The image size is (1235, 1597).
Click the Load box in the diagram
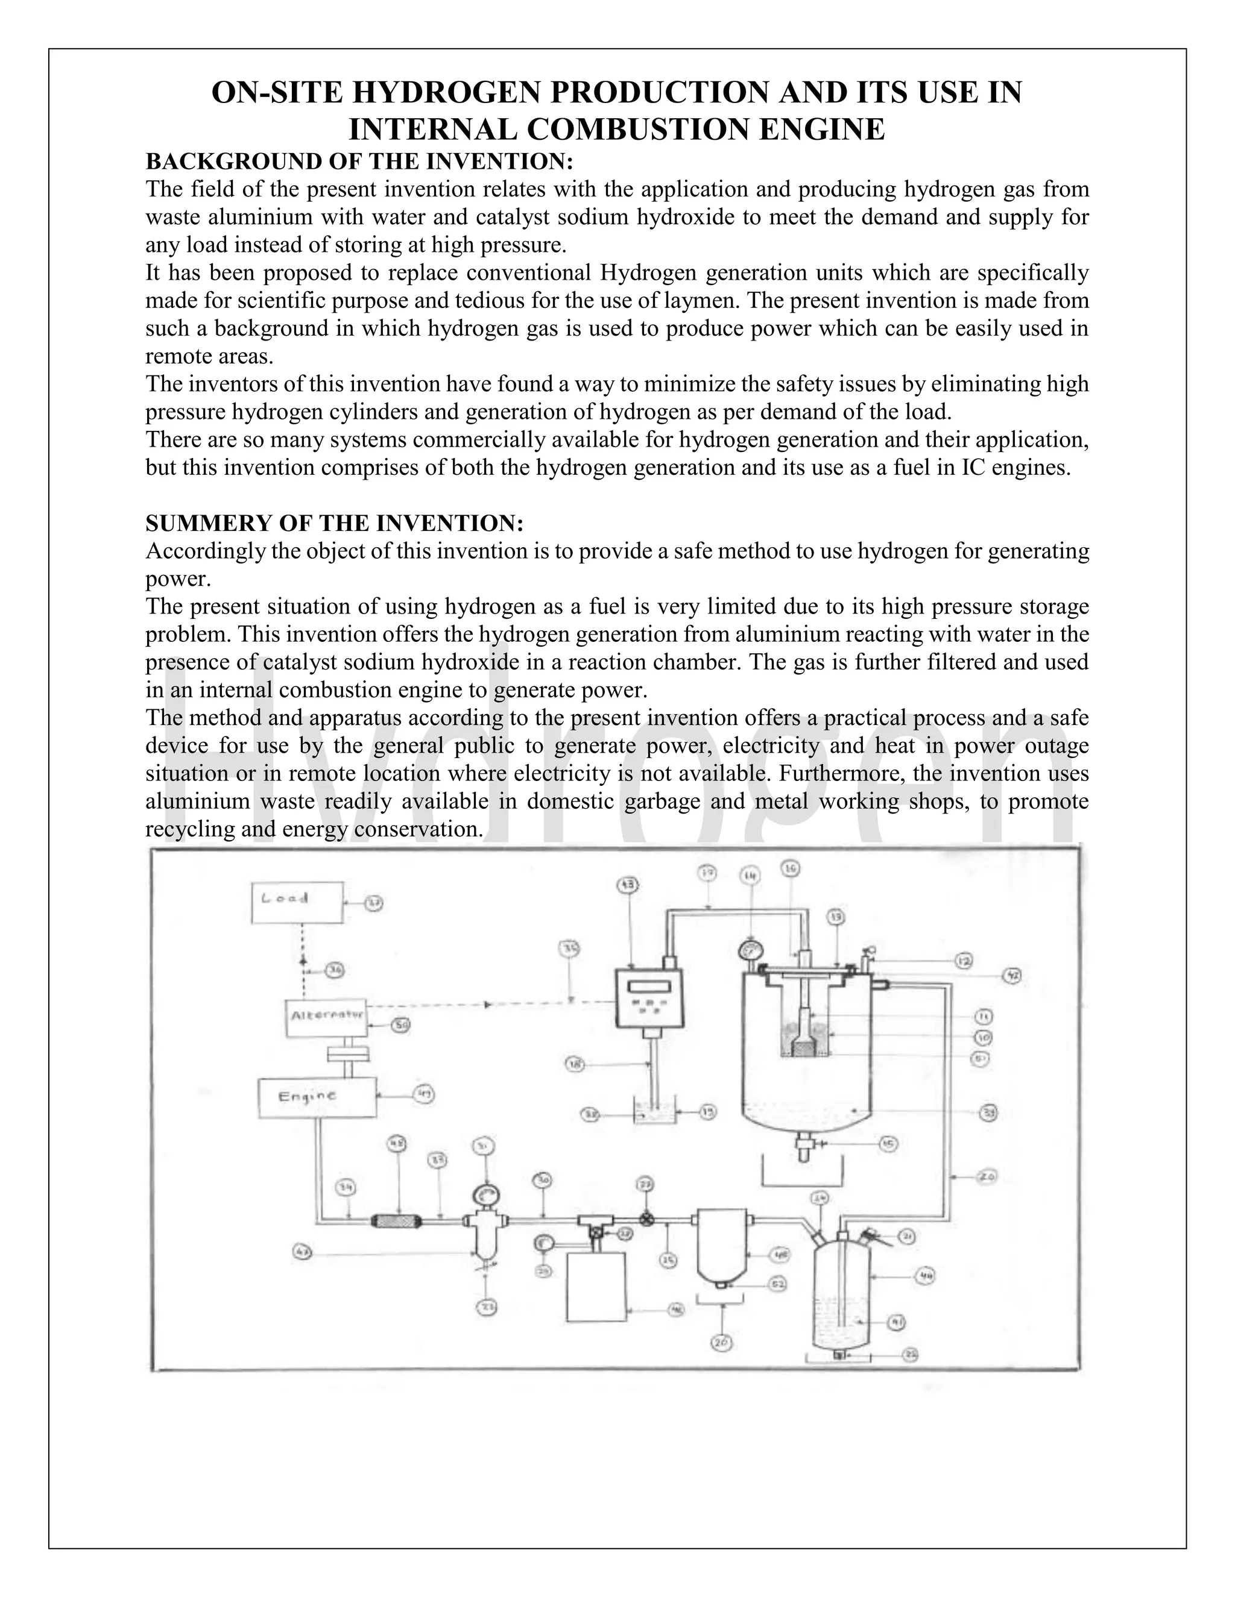[x=296, y=902]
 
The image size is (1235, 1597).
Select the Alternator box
[x=326, y=1017]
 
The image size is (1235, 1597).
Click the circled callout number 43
[x=628, y=885]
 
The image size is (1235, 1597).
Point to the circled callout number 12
[x=964, y=961]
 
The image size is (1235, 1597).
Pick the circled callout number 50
[x=400, y=1025]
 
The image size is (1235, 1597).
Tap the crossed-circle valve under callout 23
[x=646, y=1220]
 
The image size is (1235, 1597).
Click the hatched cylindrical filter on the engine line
[x=397, y=1220]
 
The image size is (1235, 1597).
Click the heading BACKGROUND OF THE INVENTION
[x=359, y=161]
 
